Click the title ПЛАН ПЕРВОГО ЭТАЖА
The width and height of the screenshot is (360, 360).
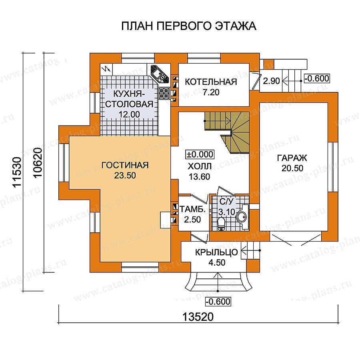[188, 26]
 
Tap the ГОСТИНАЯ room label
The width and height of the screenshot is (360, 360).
[125, 165]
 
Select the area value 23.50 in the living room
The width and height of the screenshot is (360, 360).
[125, 176]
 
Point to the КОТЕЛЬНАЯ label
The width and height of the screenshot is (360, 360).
[211, 82]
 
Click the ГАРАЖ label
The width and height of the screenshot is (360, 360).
[292, 158]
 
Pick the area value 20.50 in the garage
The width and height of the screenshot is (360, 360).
[292, 168]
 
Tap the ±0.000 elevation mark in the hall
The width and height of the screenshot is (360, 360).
[200, 154]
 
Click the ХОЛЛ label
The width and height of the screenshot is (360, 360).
[200, 166]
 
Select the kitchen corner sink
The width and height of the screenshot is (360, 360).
[160, 74]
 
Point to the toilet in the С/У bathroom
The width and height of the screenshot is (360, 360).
[221, 224]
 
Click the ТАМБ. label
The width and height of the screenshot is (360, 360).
[192, 209]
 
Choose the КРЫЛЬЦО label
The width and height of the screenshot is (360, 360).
[216, 252]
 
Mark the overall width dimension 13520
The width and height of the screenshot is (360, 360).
[198, 317]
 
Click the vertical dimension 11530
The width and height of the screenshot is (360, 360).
[18, 172]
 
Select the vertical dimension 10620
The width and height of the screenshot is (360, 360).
[38, 162]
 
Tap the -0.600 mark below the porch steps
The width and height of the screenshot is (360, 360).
[218, 302]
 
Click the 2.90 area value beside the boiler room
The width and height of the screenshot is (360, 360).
[271, 81]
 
